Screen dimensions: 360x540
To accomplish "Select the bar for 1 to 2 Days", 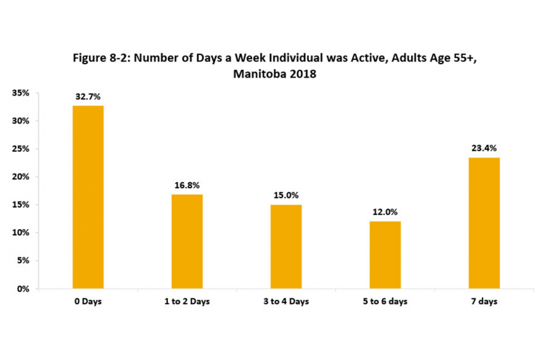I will [187, 241].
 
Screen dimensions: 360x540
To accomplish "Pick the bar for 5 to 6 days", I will [385, 254].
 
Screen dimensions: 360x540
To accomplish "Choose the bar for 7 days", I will [484, 223].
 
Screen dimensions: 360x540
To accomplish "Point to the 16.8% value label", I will [187, 185].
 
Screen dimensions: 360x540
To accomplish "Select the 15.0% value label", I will [286, 196].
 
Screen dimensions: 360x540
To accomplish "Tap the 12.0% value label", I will [385, 212].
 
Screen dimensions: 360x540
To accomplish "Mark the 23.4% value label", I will [484, 148].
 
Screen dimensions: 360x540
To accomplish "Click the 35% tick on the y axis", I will [22, 93].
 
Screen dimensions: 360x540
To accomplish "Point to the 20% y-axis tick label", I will [22, 177].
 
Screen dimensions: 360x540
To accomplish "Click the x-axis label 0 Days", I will [88, 302].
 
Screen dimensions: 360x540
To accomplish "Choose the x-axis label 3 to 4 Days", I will [286, 302].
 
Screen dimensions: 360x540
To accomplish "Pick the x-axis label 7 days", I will [484, 302].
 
